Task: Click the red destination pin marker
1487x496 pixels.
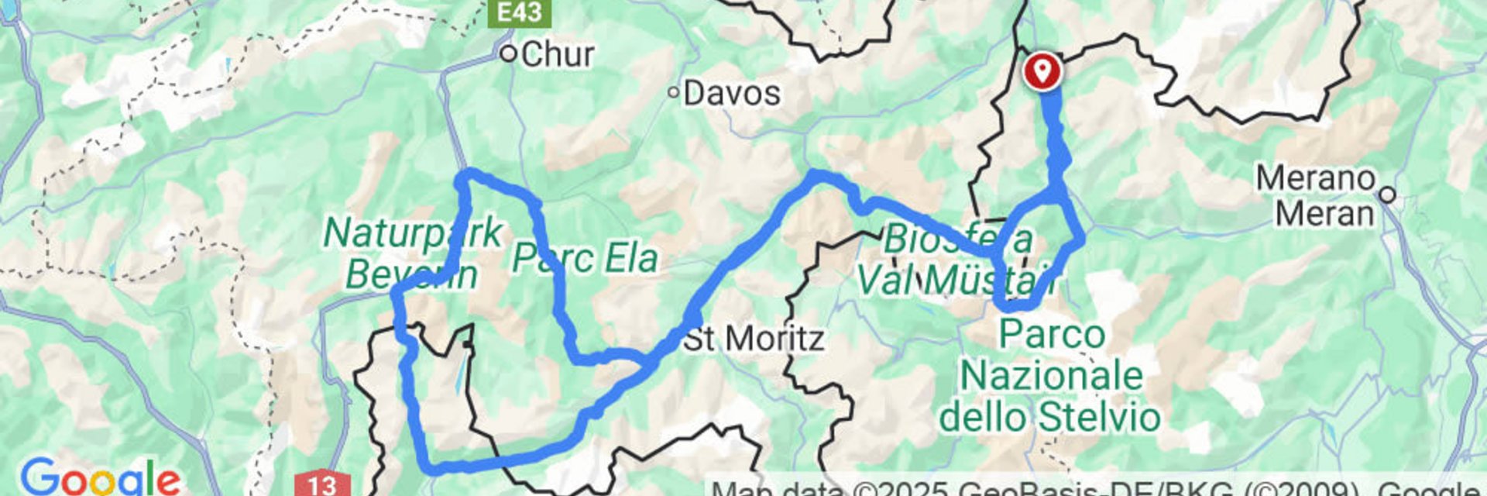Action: point(1042,71)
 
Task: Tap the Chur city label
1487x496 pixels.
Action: point(557,54)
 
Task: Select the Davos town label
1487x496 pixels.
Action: point(731,94)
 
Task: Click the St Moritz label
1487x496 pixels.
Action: point(753,339)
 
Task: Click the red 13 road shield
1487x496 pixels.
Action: point(322,485)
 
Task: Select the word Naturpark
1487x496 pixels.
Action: point(412,233)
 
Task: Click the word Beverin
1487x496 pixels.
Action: point(410,274)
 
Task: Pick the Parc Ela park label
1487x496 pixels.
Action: point(585,258)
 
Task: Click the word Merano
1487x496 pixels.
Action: point(1315,179)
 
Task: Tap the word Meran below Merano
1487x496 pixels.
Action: point(1324,212)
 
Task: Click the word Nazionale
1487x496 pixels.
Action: point(1051,376)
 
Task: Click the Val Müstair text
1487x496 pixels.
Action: point(956,281)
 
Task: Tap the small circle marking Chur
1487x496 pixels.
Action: point(508,54)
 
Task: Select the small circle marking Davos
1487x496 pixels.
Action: point(674,93)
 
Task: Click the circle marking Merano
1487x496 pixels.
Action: point(1387,195)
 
